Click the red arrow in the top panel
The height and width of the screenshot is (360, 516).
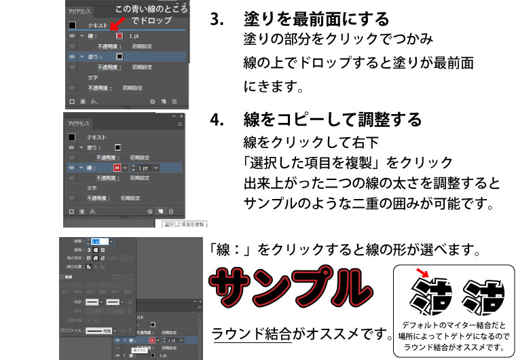pos(117,26)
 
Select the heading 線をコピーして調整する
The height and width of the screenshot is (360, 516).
pos(333,120)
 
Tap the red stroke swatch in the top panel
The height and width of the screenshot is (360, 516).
pos(119,35)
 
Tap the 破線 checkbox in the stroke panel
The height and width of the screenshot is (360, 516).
pos(62,277)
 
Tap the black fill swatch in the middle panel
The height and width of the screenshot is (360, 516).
pos(117,147)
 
